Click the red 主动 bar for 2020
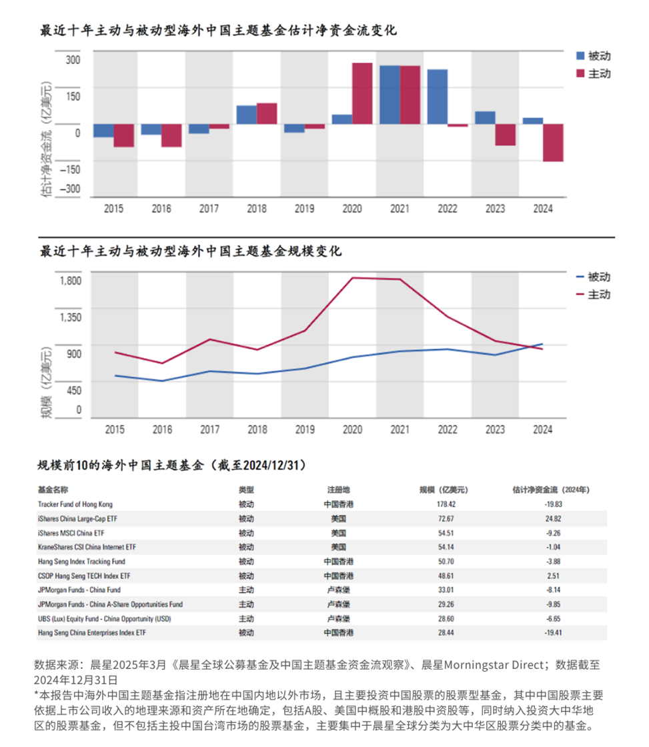pos(362,93)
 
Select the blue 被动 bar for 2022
pos(437,97)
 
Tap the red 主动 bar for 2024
pos(553,142)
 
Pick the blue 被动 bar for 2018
pos(247,115)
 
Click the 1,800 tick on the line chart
pos(70,279)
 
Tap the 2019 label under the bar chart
pos(305,209)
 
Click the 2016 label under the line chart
pos(162,430)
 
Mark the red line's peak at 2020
pos(352,277)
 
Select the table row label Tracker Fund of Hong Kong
pos(75,504)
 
